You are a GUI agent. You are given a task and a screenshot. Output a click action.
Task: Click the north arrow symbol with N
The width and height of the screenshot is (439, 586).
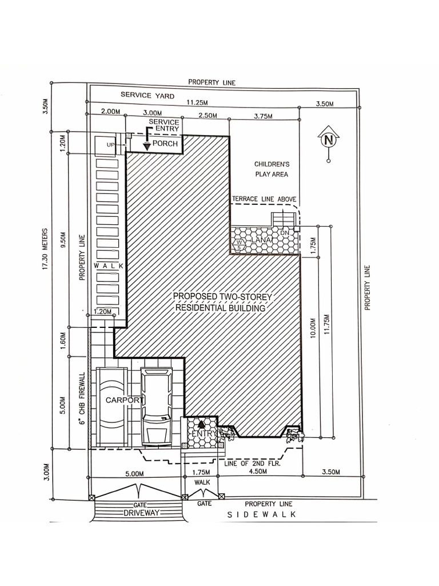pyautogui.click(x=328, y=140)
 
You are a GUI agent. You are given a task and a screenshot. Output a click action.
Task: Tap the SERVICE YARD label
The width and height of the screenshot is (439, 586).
pyautogui.click(x=147, y=96)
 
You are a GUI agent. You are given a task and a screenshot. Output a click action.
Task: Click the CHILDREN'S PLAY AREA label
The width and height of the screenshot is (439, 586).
pyautogui.click(x=271, y=169)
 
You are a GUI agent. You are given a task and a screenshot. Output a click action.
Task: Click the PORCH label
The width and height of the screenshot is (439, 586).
pyautogui.click(x=165, y=144)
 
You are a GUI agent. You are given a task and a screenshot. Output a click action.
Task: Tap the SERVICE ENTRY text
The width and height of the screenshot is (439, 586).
pyautogui.click(x=163, y=126)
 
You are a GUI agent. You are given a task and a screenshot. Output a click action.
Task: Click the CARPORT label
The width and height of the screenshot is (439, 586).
pyautogui.click(x=123, y=401)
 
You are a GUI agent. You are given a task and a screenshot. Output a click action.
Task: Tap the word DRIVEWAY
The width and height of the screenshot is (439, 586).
pyautogui.click(x=139, y=514)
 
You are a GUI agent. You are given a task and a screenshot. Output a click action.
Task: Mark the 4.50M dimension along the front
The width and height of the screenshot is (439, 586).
pyautogui.click(x=258, y=472)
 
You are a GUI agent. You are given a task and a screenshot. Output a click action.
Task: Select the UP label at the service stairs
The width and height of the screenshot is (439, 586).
pyautogui.click(x=110, y=145)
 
